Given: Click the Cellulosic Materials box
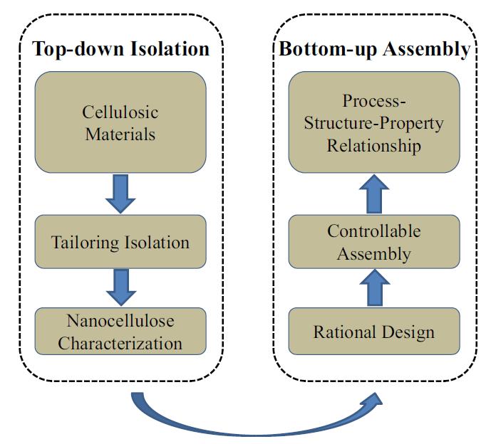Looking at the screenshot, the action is coord(120,122).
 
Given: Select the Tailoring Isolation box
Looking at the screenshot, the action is coord(120,241).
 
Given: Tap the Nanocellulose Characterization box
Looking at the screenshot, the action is coord(120,331).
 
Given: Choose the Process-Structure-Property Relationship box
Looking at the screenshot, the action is coord(374,122).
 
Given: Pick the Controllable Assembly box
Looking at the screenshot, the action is coord(374,241).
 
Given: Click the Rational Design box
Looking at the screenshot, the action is coord(374,331).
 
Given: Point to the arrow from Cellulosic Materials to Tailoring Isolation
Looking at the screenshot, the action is coord(120,194).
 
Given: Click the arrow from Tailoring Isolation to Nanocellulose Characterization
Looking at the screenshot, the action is coord(121,287).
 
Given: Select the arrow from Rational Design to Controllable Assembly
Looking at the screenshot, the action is coord(375,287).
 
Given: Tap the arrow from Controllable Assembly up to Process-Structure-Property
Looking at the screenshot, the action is coord(374,194).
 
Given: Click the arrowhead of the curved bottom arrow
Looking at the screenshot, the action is coord(373,401).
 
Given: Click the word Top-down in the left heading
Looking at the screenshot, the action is coord(78,49).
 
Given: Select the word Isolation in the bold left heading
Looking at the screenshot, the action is coord(170,49).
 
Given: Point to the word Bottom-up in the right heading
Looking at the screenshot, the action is coord(328,49).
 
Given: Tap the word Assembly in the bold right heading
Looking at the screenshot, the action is coord(427,49).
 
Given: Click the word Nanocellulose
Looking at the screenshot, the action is coord(120,321).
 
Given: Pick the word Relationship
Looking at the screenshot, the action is coord(374,146).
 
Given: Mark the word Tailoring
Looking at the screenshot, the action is coord(86,243).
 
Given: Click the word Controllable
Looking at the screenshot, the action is coord(374,231).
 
